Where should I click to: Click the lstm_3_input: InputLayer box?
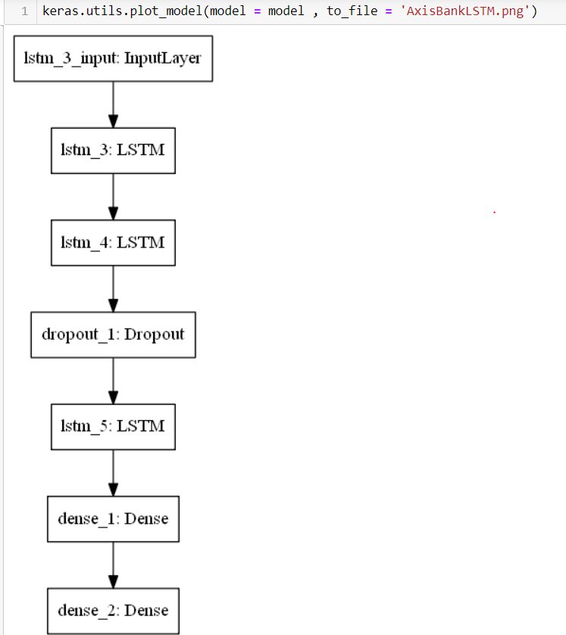(x=113, y=58)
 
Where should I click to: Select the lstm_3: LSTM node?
(x=113, y=150)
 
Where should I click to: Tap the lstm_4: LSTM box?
(x=113, y=243)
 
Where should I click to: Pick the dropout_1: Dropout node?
(x=113, y=335)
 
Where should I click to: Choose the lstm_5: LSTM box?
(x=113, y=427)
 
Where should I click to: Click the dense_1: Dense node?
(x=113, y=519)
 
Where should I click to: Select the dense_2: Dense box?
(x=113, y=611)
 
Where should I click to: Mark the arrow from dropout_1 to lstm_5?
(x=113, y=381)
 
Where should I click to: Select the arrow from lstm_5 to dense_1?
(x=113, y=474)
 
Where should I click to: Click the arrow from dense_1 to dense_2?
(x=113, y=565)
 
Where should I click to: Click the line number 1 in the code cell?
(x=25, y=12)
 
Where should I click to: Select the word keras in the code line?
(x=60, y=12)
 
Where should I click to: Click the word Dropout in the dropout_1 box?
(x=155, y=335)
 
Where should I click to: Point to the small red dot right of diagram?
(x=494, y=213)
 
